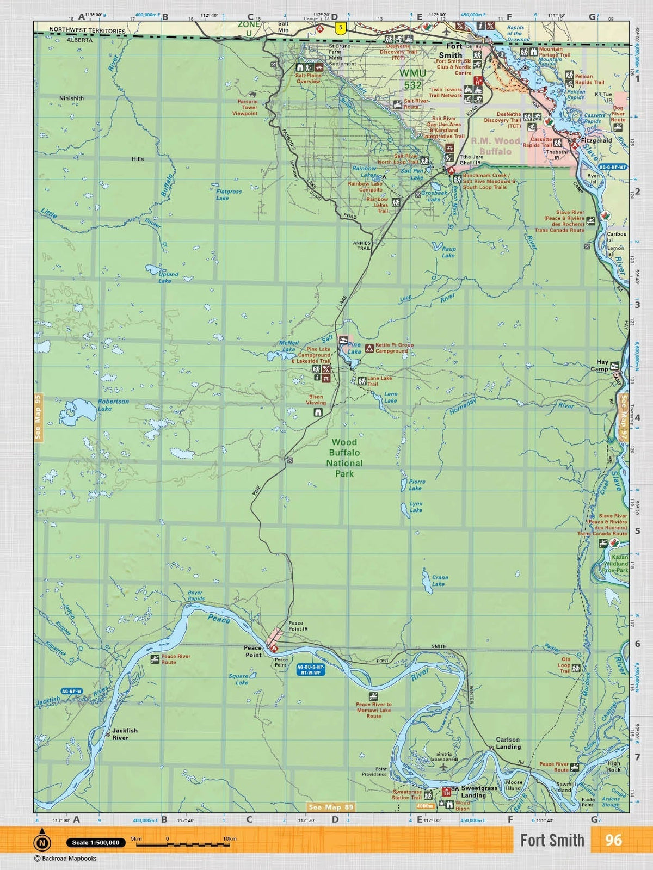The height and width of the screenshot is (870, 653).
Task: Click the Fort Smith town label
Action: (450, 51)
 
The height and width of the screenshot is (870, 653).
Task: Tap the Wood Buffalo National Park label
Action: (344, 458)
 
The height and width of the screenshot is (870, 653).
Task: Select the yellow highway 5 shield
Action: (341, 28)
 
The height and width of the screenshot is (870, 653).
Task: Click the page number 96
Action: (613, 840)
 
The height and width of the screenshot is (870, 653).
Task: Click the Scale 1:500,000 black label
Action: (96, 842)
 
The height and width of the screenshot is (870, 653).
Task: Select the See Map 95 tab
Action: (38, 416)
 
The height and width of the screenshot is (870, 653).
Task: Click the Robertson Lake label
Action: (113, 405)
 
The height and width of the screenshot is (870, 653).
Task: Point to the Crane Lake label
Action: (439, 581)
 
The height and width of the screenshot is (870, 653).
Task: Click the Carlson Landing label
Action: (508, 743)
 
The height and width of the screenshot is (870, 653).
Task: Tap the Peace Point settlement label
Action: (252, 651)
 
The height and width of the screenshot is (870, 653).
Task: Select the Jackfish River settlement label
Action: (125, 733)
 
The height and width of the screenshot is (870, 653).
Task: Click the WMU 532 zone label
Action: (412, 79)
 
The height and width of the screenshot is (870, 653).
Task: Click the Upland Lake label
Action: (168, 277)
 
